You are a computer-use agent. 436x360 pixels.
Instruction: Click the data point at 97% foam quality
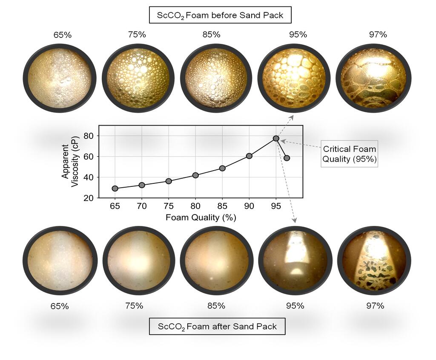287,158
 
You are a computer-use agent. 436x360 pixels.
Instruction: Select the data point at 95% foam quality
276,138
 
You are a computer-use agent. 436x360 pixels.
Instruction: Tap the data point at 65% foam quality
115,188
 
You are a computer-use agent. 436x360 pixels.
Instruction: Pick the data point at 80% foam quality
195,175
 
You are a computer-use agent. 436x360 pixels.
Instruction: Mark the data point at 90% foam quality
249,156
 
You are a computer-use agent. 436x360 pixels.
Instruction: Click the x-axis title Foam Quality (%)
200,217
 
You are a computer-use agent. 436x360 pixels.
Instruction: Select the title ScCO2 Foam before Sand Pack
220,16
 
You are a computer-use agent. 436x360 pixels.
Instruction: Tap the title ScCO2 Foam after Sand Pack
217,327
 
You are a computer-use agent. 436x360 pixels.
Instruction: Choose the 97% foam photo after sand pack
373,260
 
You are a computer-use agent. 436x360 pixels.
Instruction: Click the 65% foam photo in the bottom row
60,260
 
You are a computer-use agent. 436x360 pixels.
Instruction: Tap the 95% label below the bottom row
295,306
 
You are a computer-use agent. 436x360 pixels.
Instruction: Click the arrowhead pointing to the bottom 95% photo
294,220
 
